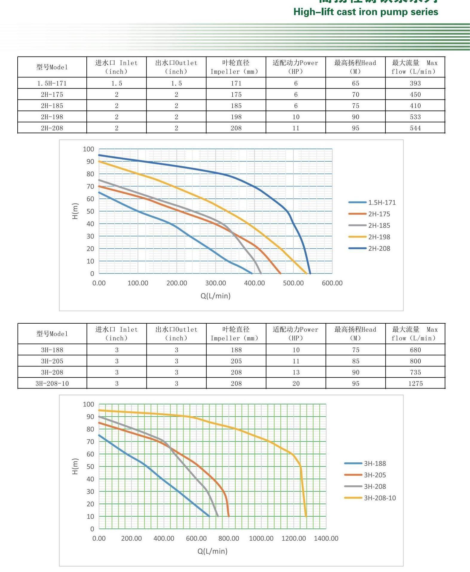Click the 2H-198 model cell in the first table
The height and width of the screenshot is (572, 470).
click(52, 117)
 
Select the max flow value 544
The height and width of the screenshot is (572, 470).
click(415, 128)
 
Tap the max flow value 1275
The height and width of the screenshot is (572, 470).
click(416, 383)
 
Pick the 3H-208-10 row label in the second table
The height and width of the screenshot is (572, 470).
click(52, 383)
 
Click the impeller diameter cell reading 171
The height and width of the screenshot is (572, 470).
click(236, 83)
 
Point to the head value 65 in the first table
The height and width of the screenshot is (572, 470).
click(355, 83)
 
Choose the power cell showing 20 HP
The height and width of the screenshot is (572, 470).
click(296, 383)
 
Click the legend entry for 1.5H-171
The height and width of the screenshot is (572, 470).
click(382, 203)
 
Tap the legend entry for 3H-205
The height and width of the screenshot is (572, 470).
click(375, 475)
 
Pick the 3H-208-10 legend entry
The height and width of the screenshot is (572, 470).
click(380, 498)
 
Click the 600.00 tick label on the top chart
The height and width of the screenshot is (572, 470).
click(332, 283)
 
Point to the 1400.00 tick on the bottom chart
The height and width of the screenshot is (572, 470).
click(326, 538)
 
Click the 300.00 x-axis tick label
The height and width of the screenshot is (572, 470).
click(216, 283)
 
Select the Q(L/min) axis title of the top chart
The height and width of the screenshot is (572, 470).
click(215, 296)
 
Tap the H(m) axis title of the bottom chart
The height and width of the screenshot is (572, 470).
click(75, 466)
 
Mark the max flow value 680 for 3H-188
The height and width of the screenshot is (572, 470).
click(415, 350)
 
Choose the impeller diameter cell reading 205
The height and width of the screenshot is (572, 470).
click(236, 361)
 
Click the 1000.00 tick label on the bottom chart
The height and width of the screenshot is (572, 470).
click(261, 538)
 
